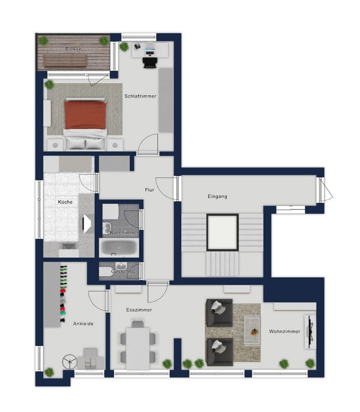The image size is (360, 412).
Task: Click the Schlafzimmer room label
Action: click(x=140, y=96)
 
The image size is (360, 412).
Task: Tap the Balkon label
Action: click(x=73, y=49)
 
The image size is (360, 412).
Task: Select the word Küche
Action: click(x=65, y=202)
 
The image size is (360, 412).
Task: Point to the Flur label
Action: click(x=149, y=190)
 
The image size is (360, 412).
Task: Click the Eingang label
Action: click(x=217, y=196)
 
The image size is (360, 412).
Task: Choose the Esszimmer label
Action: click(x=139, y=310)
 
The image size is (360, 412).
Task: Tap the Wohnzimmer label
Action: click(x=285, y=332)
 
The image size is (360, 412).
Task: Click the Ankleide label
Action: click(x=83, y=324)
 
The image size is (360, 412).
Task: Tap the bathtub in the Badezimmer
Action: click(x=119, y=248)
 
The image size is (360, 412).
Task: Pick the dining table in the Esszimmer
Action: click(x=138, y=348)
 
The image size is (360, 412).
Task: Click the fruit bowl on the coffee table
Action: click(x=255, y=332)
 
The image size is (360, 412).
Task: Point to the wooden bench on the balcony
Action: click(x=65, y=61)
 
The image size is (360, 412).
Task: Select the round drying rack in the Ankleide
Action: click(x=70, y=362)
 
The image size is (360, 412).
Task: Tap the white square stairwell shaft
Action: click(x=222, y=232)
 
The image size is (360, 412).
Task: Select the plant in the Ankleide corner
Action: click(x=49, y=372)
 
